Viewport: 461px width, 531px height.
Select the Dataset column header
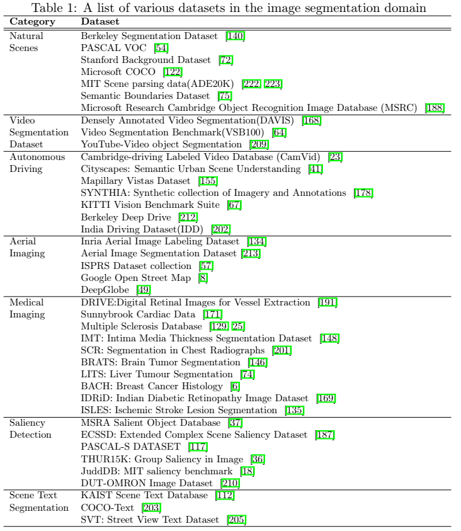point(98,22)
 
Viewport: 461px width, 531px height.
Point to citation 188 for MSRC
point(435,108)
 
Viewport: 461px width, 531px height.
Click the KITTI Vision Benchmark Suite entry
point(151,204)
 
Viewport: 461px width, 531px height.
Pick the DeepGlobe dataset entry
point(105,288)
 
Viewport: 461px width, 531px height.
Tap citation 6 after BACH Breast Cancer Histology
point(236,385)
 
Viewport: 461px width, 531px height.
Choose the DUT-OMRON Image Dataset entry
point(148,482)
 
